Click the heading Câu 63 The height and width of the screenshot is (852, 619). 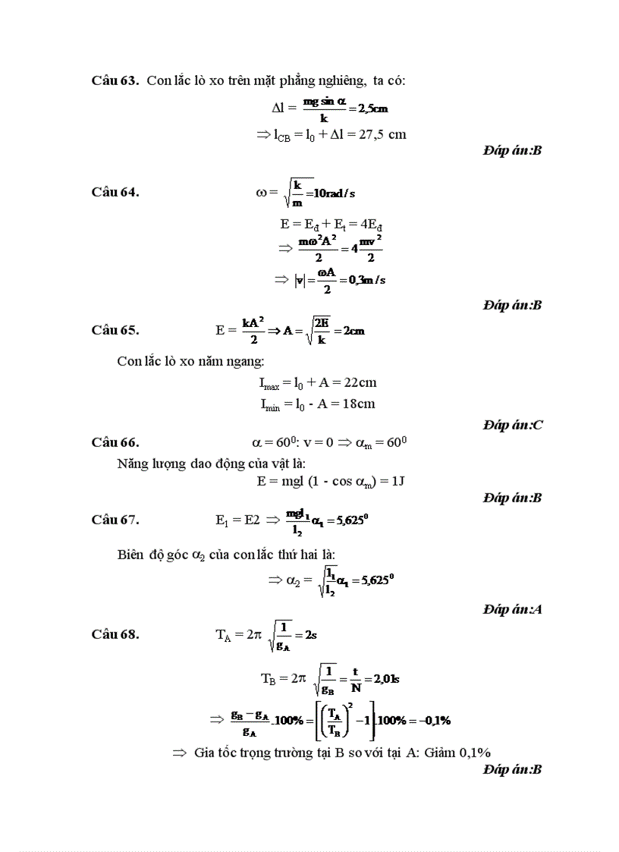click(x=115, y=80)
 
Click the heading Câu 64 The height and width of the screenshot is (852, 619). click(x=115, y=192)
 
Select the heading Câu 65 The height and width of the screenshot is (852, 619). click(x=115, y=330)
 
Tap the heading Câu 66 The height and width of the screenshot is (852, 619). click(x=115, y=442)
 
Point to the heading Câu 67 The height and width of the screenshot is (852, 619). click(x=115, y=520)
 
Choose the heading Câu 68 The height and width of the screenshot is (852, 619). click(x=115, y=635)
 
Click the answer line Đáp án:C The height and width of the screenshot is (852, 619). click(x=513, y=425)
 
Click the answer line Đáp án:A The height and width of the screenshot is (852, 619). click(x=513, y=609)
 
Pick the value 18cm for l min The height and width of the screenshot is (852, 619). click(x=359, y=404)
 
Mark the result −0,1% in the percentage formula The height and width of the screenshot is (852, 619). click(x=433, y=720)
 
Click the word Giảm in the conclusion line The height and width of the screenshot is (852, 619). click(x=438, y=753)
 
